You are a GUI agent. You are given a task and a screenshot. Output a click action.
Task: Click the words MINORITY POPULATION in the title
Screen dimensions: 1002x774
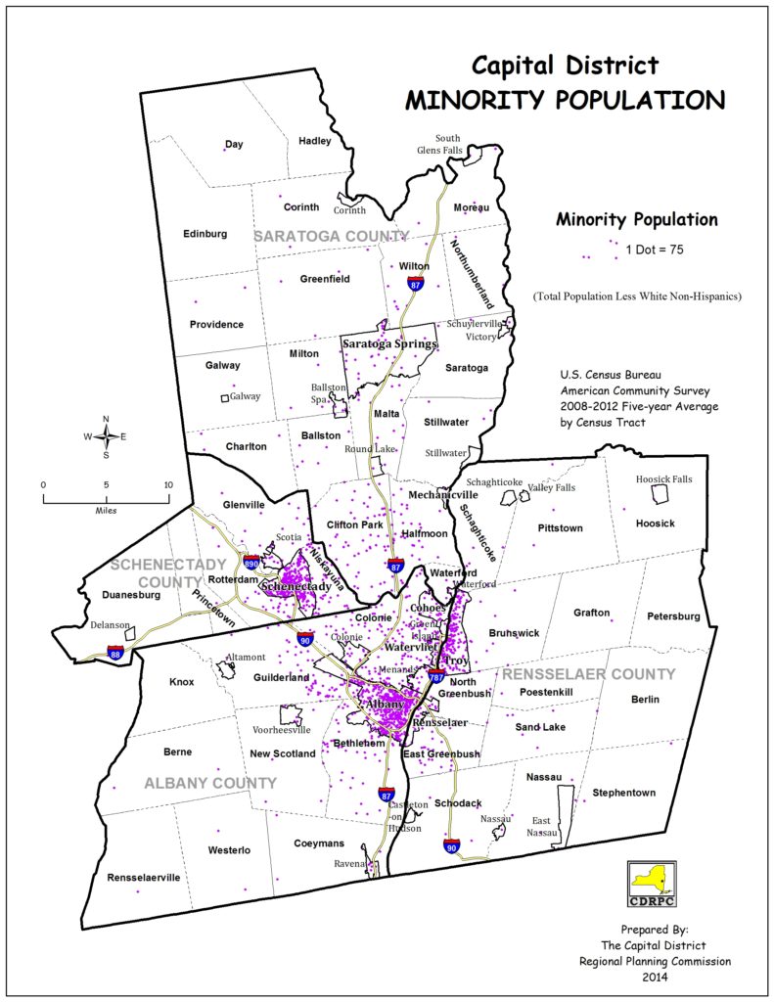pos(566,100)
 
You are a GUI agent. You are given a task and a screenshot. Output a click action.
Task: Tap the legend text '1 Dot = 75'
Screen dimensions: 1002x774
pos(654,250)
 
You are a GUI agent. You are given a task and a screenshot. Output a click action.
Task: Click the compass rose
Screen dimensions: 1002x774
pos(106,436)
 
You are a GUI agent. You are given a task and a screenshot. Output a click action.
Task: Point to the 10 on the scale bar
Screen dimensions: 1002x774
pos(167,485)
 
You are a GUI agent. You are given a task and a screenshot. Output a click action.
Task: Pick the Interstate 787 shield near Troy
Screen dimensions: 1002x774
pos(436,676)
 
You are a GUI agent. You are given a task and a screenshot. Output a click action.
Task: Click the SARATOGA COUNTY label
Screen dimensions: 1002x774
pos(331,237)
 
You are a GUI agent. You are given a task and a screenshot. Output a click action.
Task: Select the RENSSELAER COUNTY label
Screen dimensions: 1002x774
pos(588,674)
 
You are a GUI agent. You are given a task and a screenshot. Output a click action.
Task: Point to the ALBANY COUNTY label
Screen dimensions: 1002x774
pos(210,783)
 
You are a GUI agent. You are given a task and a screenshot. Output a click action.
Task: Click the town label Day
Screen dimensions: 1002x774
pos(234,145)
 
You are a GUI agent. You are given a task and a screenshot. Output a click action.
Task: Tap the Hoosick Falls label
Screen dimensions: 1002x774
pos(663,479)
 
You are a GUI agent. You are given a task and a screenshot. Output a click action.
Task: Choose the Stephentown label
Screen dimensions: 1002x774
pos(623,793)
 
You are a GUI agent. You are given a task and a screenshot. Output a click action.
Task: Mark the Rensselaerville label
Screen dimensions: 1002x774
pos(144,878)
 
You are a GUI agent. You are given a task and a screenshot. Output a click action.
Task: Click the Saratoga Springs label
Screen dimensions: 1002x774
pos(388,343)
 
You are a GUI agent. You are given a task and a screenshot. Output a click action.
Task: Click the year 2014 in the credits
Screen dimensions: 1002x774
pos(655,977)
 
